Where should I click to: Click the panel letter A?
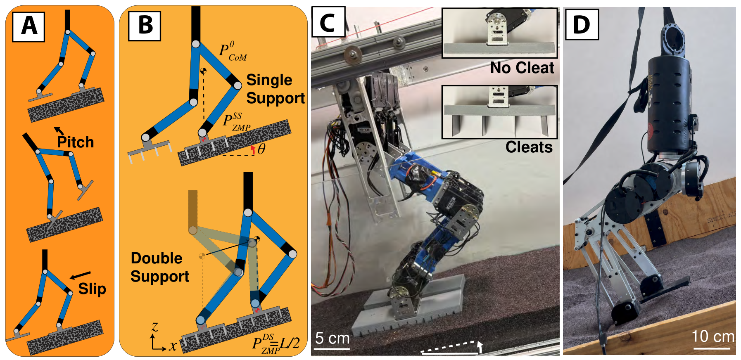[29, 26]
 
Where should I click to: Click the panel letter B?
[145, 25]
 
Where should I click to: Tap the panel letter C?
[328, 22]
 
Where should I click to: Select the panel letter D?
[581, 24]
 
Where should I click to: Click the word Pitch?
[75, 142]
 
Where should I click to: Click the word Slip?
[92, 289]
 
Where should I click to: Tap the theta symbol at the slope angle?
[261, 149]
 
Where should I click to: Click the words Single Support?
[275, 89]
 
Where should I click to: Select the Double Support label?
[160, 267]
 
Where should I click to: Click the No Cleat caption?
[522, 67]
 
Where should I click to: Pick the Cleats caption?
[529, 147]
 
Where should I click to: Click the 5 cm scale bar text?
[332, 338]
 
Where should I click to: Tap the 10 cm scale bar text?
[713, 336]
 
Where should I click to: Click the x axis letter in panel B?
[173, 346]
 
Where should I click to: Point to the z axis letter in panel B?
[155, 327]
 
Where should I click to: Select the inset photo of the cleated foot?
[499, 112]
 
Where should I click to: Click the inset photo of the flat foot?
[499, 33]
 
